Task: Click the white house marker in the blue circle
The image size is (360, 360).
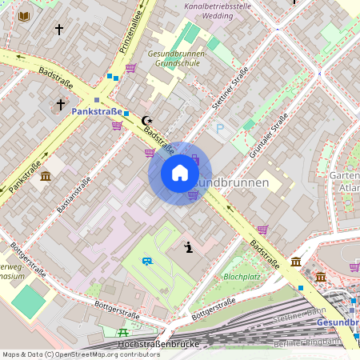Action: [179, 173]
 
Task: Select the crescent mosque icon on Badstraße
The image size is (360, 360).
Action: [146, 121]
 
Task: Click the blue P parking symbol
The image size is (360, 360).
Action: [220, 128]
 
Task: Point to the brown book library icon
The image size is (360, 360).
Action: [24, 16]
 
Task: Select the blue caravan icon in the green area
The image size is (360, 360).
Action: [146, 261]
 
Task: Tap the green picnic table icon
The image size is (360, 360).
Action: [122, 332]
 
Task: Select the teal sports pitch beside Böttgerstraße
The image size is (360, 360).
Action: [28, 301]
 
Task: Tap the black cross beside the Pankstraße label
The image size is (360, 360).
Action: [60, 105]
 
